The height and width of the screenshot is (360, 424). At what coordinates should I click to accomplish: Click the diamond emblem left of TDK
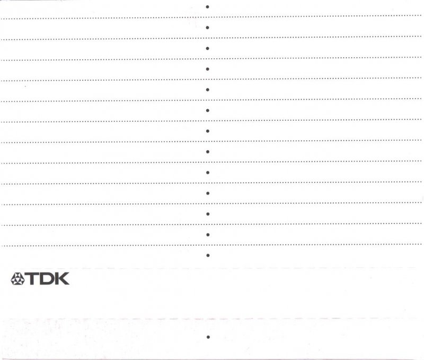click(17, 278)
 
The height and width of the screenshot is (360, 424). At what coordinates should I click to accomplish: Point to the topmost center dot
click(207, 7)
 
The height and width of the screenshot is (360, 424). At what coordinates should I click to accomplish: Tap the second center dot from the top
click(207, 28)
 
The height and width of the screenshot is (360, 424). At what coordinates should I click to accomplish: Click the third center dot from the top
click(207, 48)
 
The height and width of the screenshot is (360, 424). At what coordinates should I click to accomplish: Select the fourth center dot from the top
click(207, 69)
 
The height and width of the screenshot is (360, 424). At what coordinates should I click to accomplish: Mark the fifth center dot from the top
click(207, 89)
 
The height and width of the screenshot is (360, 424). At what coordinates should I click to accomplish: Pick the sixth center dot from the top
click(207, 110)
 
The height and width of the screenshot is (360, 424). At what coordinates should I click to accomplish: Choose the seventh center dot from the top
click(207, 131)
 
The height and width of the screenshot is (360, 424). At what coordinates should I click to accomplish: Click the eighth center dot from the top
click(207, 152)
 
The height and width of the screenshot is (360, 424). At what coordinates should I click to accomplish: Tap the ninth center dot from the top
click(207, 173)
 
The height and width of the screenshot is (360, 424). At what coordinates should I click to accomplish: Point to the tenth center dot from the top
click(207, 193)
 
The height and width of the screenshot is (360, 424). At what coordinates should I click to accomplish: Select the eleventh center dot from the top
click(207, 214)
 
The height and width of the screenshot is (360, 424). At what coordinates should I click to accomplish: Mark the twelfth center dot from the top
click(207, 235)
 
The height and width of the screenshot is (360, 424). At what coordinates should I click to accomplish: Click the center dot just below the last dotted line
click(207, 255)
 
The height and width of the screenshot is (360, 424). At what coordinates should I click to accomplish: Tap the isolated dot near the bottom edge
click(208, 337)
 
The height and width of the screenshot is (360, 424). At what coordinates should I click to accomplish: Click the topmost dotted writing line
click(106, 19)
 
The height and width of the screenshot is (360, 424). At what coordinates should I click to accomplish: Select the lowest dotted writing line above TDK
click(106, 246)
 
